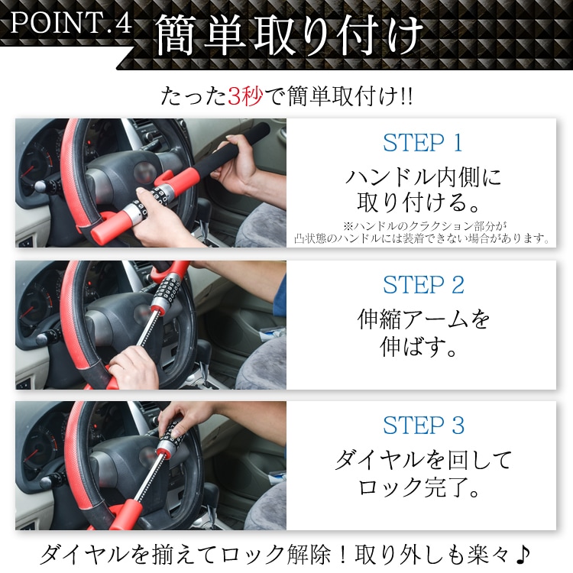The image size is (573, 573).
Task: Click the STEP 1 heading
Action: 422,143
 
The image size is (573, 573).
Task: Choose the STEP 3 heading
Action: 422,426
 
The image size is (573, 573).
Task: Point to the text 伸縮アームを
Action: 422,319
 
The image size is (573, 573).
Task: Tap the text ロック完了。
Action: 422,487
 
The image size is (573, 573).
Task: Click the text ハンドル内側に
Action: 422,178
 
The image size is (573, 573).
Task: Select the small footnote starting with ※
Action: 422,232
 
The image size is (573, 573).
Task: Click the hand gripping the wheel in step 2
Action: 134,359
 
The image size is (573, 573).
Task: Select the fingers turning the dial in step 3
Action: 170,419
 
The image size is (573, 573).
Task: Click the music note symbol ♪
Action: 522,552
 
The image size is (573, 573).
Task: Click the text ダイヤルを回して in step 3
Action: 422,460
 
